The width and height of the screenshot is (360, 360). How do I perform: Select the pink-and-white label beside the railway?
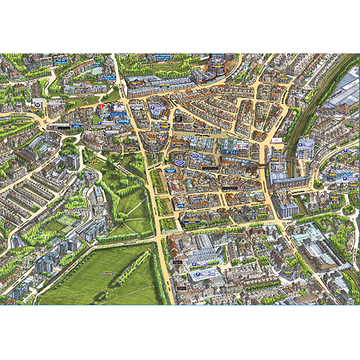[278, 140]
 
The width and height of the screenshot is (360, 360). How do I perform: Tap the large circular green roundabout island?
[348, 209]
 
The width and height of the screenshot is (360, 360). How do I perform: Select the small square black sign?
[177, 263]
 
